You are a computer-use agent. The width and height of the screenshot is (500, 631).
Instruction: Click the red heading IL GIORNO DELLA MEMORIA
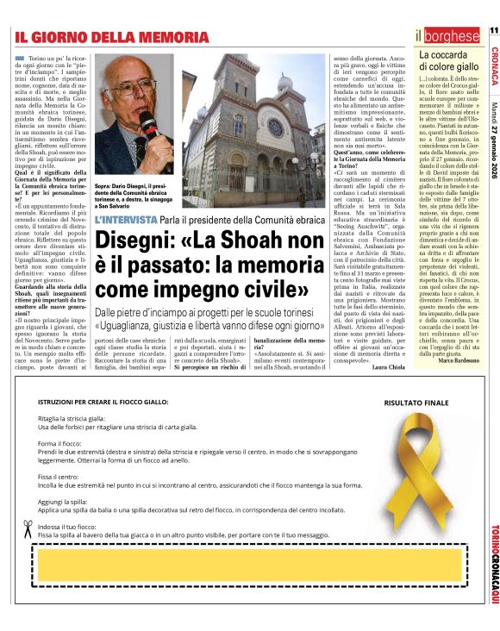click(112, 37)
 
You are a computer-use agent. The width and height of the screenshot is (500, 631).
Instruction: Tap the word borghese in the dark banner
click(452, 36)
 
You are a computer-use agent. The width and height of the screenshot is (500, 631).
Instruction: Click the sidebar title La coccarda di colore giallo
click(448, 61)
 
